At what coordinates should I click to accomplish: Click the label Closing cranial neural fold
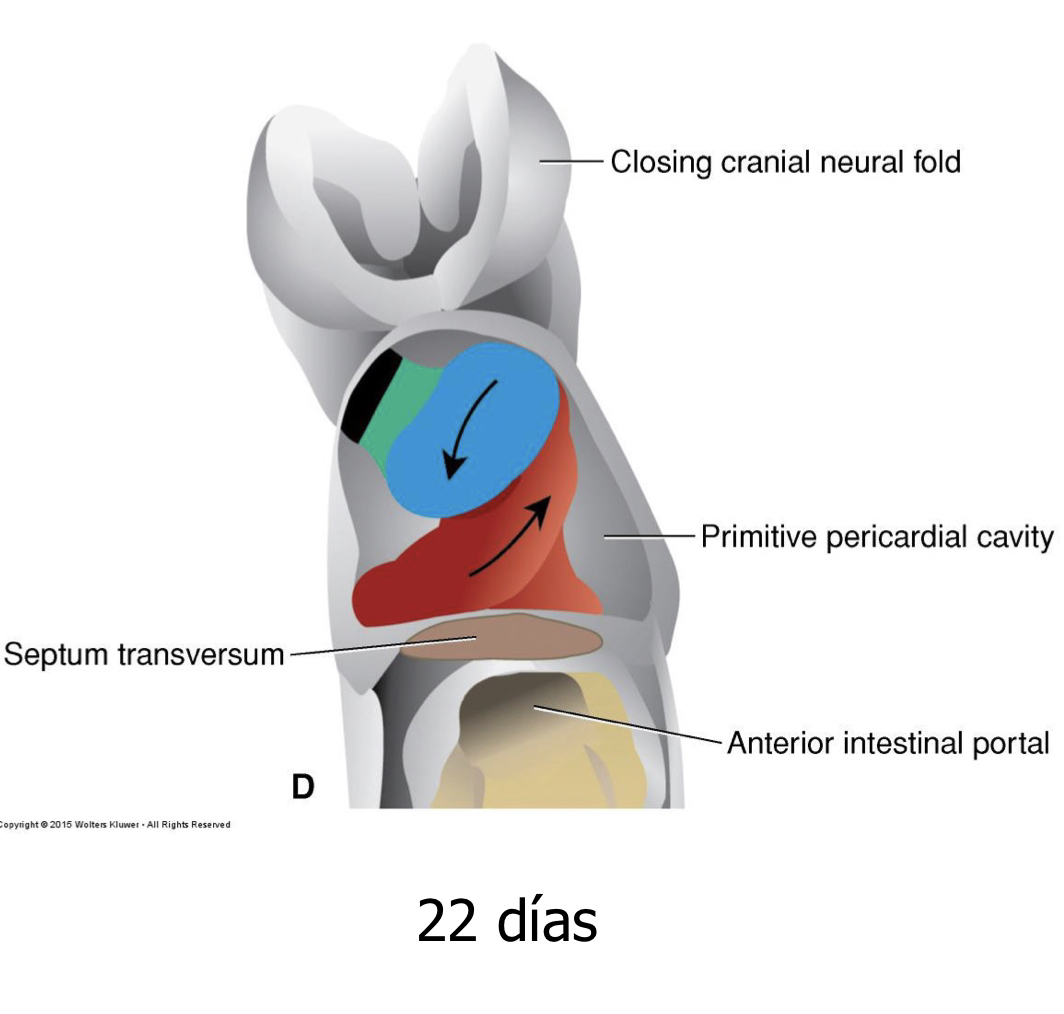tap(785, 161)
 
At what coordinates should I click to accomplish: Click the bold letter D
tap(302, 788)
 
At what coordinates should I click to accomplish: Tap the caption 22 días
tap(507, 920)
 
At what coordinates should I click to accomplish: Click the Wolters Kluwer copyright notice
tap(115, 825)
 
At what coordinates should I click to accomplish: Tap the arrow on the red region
tap(512, 535)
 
